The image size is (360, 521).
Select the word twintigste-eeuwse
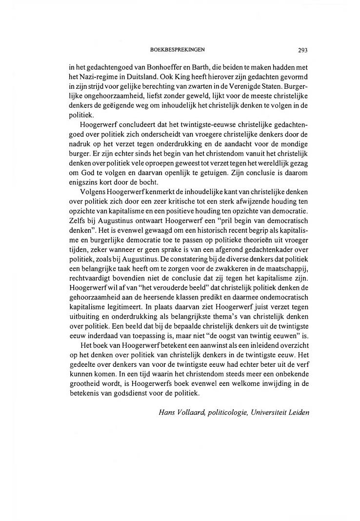[x=193, y=124]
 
